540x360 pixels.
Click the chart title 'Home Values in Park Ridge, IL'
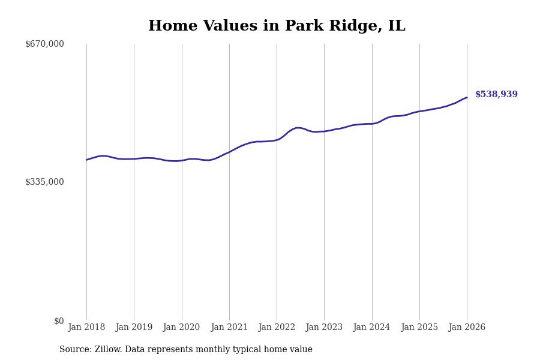tap(277, 26)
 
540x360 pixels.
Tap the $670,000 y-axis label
tap(44, 44)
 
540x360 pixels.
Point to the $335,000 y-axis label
tap(44, 182)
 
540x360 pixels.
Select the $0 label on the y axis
tap(59, 321)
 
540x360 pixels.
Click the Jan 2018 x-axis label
tap(86, 328)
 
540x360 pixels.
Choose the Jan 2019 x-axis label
tap(134, 328)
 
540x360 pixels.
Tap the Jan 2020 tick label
tap(181, 328)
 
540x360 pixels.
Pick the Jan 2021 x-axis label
tap(229, 328)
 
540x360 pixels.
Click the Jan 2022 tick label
tap(277, 328)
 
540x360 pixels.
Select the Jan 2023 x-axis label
tap(324, 328)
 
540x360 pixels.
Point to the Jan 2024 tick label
tap(371, 328)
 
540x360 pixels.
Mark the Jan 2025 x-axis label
tap(419, 328)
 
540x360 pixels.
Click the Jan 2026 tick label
tap(467, 328)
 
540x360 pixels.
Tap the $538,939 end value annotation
tap(496, 95)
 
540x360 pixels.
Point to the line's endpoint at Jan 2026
tap(467, 97)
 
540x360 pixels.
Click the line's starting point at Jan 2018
tap(86, 160)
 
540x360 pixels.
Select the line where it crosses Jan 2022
tap(277, 140)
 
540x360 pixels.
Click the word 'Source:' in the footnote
tap(76, 350)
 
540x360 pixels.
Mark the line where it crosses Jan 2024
tap(372, 124)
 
